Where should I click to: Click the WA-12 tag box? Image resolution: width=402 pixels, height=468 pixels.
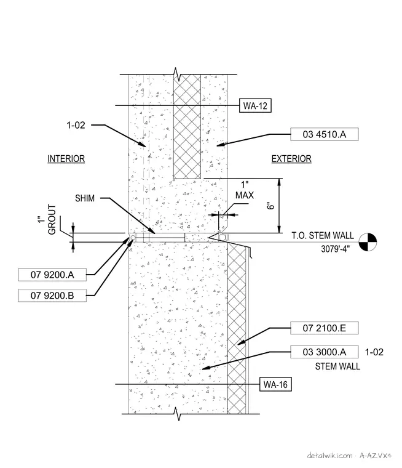tap(255, 106)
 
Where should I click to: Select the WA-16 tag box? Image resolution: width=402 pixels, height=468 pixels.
tap(275, 384)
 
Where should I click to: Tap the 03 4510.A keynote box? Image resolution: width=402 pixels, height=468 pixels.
tap(324, 134)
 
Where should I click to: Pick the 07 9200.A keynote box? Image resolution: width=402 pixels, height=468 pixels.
tap(52, 275)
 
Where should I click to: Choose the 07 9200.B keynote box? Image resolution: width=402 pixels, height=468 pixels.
tap(52, 296)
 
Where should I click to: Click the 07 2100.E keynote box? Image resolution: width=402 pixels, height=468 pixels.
tap(324, 328)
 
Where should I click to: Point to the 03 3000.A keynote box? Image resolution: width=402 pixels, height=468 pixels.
tap(324, 352)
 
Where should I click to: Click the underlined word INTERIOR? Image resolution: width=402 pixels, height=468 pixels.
tap(66, 159)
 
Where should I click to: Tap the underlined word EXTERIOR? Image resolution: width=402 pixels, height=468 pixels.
tap(291, 159)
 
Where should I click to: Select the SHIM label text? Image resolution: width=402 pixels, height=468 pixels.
tap(85, 198)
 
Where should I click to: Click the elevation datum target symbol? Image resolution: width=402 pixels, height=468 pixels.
tap(368, 242)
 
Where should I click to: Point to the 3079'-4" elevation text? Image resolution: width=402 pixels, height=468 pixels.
tap(335, 249)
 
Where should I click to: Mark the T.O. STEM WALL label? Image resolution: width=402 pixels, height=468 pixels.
tap(323, 235)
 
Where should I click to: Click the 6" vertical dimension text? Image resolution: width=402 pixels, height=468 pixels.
tap(270, 206)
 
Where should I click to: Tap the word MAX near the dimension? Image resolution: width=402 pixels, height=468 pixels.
tap(245, 195)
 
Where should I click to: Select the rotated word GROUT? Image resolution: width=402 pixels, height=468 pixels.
tap(52, 219)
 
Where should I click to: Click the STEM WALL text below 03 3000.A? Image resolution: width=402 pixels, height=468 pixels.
tap(337, 366)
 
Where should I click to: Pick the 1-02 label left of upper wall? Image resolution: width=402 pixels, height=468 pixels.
tap(76, 125)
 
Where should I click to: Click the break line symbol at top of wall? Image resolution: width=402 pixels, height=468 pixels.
tap(177, 75)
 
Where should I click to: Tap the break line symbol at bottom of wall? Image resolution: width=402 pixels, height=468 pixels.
tap(178, 414)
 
